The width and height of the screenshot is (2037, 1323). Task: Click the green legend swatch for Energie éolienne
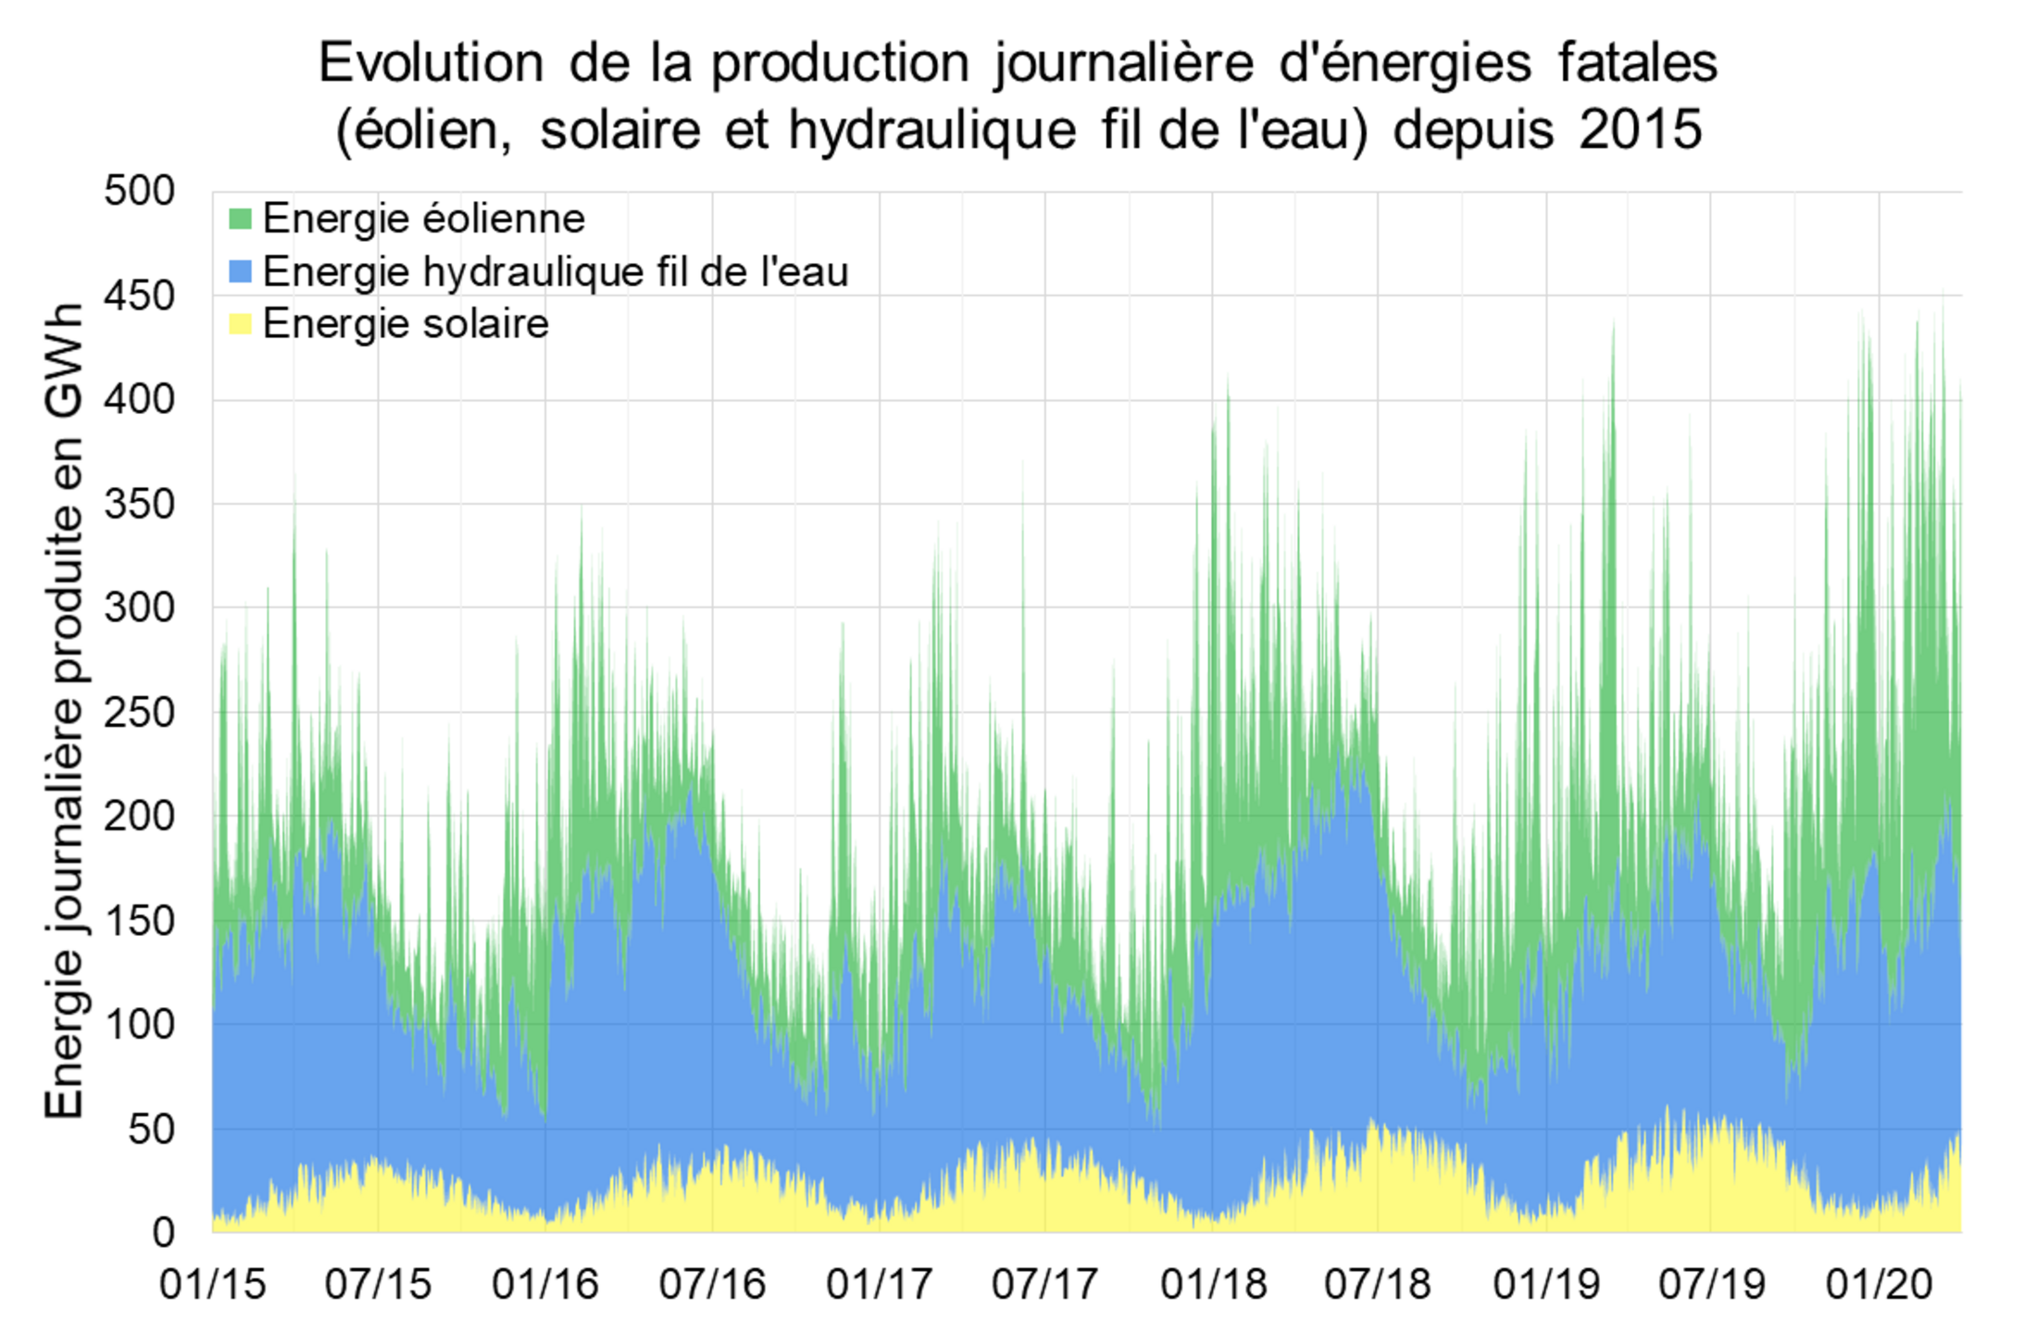pyautogui.click(x=240, y=219)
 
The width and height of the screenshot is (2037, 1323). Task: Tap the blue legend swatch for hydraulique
pyautogui.click(x=240, y=272)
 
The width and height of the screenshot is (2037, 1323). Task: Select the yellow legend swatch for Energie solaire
pyautogui.click(x=240, y=324)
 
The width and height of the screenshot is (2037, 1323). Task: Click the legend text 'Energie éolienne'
pyautogui.click(x=424, y=219)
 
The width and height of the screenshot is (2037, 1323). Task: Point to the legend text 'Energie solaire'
pyautogui.click(x=406, y=324)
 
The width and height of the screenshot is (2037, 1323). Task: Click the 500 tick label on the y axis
pyautogui.click(x=140, y=192)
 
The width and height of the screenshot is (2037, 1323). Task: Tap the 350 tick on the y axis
pyautogui.click(x=140, y=505)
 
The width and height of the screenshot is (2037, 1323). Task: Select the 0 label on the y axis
pyautogui.click(x=163, y=1232)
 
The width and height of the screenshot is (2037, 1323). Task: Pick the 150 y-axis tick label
pyautogui.click(x=140, y=920)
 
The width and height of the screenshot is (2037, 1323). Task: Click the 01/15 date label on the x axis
pyautogui.click(x=213, y=1284)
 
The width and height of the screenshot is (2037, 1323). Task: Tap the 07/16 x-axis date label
pyautogui.click(x=712, y=1284)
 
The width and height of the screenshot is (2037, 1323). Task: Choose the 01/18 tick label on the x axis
pyautogui.click(x=1213, y=1284)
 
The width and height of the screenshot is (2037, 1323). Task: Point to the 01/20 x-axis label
pyautogui.click(x=1879, y=1284)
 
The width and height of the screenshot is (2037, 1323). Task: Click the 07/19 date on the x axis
pyautogui.click(x=1712, y=1284)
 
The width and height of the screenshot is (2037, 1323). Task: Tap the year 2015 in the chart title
pyautogui.click(x=1640, y=129)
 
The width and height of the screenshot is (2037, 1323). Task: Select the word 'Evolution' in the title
pyautogui.click(x=431, y=64)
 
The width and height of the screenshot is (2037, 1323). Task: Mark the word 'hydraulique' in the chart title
pyautogui.click(x=932, y=130)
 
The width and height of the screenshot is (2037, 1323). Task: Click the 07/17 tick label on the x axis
pyautogui.click(x=1045, y=1284)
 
